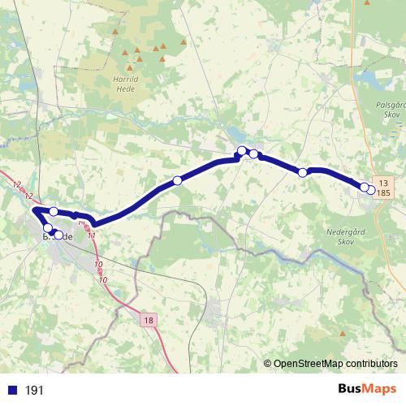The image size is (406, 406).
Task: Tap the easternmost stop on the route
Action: (371, 190)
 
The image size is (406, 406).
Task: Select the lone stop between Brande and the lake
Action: (177, 180)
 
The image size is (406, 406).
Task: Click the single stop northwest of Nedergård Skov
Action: (303, 172)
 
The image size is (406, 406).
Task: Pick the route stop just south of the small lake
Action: (242, 150)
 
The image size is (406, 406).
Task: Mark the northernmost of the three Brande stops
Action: (54, 212)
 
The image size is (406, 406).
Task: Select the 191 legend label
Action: (34, 391)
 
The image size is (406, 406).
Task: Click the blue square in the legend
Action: (12, 390)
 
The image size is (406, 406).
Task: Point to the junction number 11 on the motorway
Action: (92, 235)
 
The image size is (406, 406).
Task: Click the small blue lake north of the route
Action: (235, 135)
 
